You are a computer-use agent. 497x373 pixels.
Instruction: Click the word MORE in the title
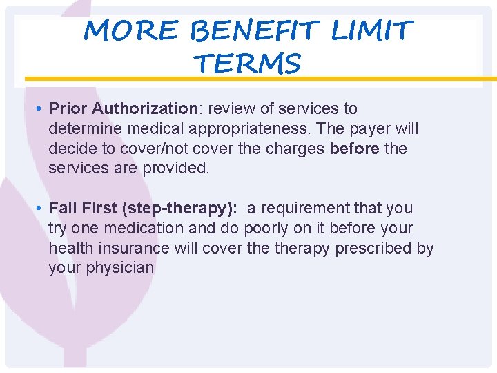pyautogui.click(x=130, y=30)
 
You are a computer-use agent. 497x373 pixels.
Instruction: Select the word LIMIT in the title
pyautogui.click(x=372, y=30)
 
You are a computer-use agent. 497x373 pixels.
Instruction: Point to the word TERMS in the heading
pyautogui.click(x=248, y=64)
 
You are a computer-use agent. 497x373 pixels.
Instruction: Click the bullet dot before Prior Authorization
pyautogui.click(x=41, y=109)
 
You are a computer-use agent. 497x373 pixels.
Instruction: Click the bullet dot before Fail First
pyautogui.click(x=41, y=209)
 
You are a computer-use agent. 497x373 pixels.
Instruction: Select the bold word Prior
pyautogui.click(x=68, y=108)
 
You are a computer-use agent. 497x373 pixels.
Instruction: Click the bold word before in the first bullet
pyautogui.click(x=355, y=149)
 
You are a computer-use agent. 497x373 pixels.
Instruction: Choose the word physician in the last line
pyautogui.click(x=120, y=267)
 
